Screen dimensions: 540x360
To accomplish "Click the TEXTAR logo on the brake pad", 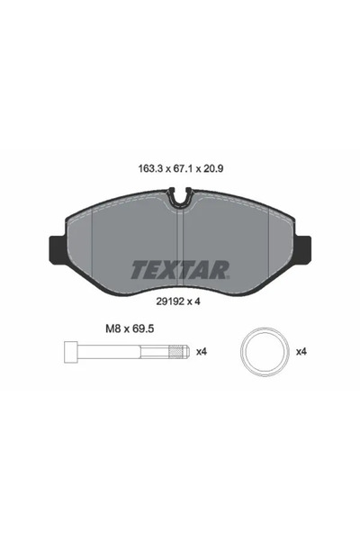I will (180, 268).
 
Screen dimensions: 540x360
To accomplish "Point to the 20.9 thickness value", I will (214, 167).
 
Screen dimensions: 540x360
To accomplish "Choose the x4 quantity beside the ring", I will (304, 351).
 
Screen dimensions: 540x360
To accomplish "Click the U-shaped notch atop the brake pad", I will (180, 193).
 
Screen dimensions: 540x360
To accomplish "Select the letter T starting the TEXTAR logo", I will (139, 268).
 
